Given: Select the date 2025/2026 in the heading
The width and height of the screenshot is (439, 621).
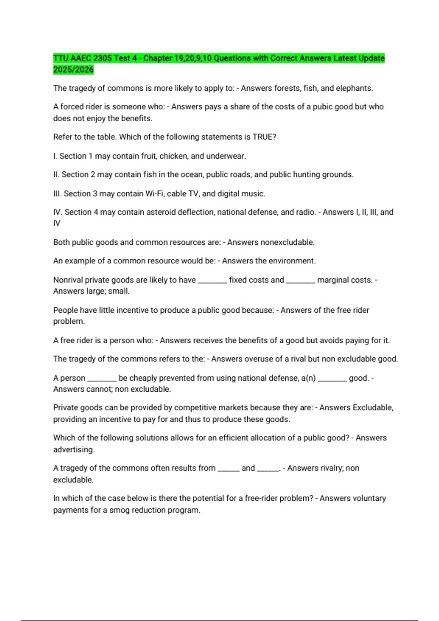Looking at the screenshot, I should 73,69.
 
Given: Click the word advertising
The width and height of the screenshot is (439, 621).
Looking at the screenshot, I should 74,450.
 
